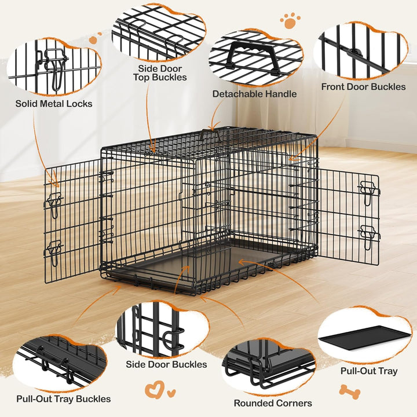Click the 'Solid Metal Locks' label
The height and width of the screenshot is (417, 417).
(54, 104)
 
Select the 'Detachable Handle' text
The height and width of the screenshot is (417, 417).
(254, 94)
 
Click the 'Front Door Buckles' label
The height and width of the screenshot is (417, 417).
(364, 87)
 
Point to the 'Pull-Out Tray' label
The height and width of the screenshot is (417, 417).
(368, 371)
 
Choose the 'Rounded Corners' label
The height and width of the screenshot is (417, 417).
(273, 403)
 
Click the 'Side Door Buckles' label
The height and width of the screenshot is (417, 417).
(166, 365)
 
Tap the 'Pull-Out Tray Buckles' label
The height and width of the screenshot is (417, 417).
(64, 398)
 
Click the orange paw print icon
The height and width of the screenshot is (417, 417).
(290, 21)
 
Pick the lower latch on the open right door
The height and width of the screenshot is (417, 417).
(368, 234)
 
